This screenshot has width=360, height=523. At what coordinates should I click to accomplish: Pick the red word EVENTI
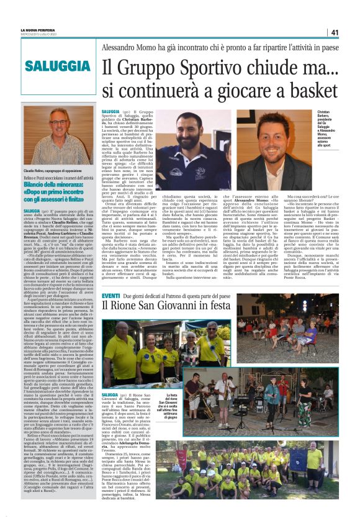point(111,295)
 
